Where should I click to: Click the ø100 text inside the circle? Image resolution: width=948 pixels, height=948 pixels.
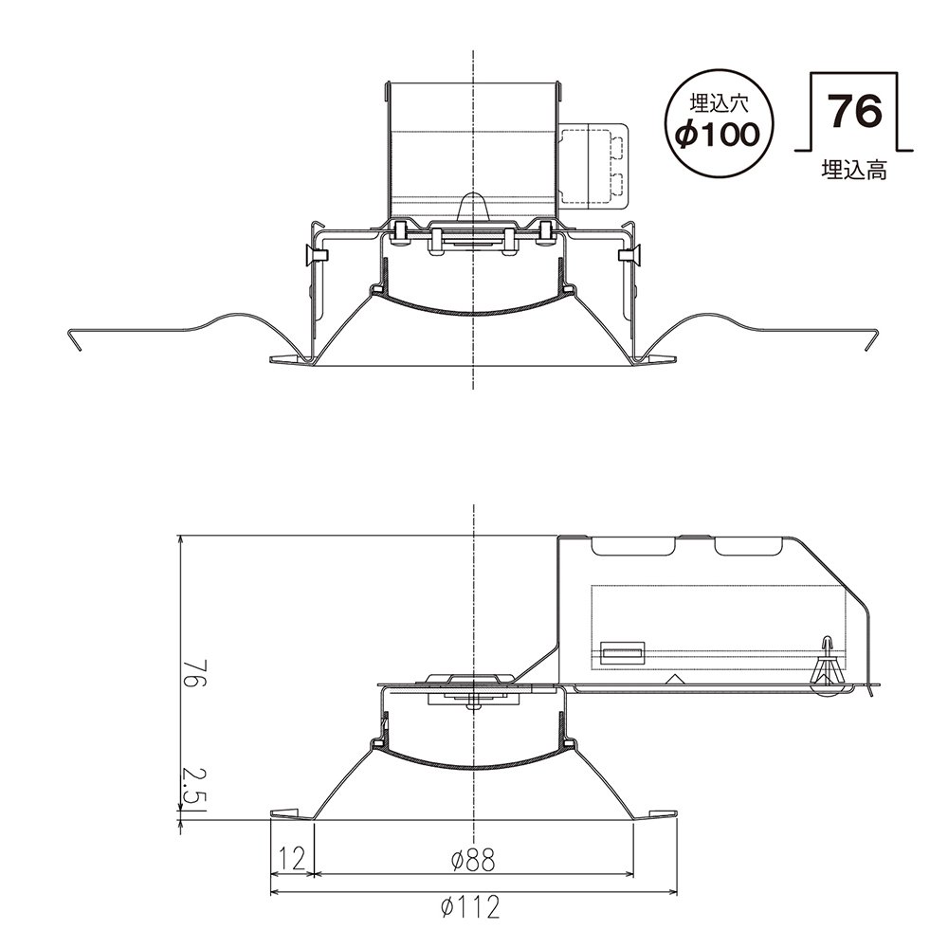point(718,135)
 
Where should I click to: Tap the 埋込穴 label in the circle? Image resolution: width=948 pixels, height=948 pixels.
point(720,103)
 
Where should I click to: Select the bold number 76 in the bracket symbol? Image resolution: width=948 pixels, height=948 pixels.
point(855,111)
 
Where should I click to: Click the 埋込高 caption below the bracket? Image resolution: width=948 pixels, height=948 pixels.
point(854,171)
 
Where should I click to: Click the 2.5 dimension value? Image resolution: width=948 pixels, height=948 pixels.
point(192,788)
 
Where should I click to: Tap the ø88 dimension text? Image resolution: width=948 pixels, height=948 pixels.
point(473,858)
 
